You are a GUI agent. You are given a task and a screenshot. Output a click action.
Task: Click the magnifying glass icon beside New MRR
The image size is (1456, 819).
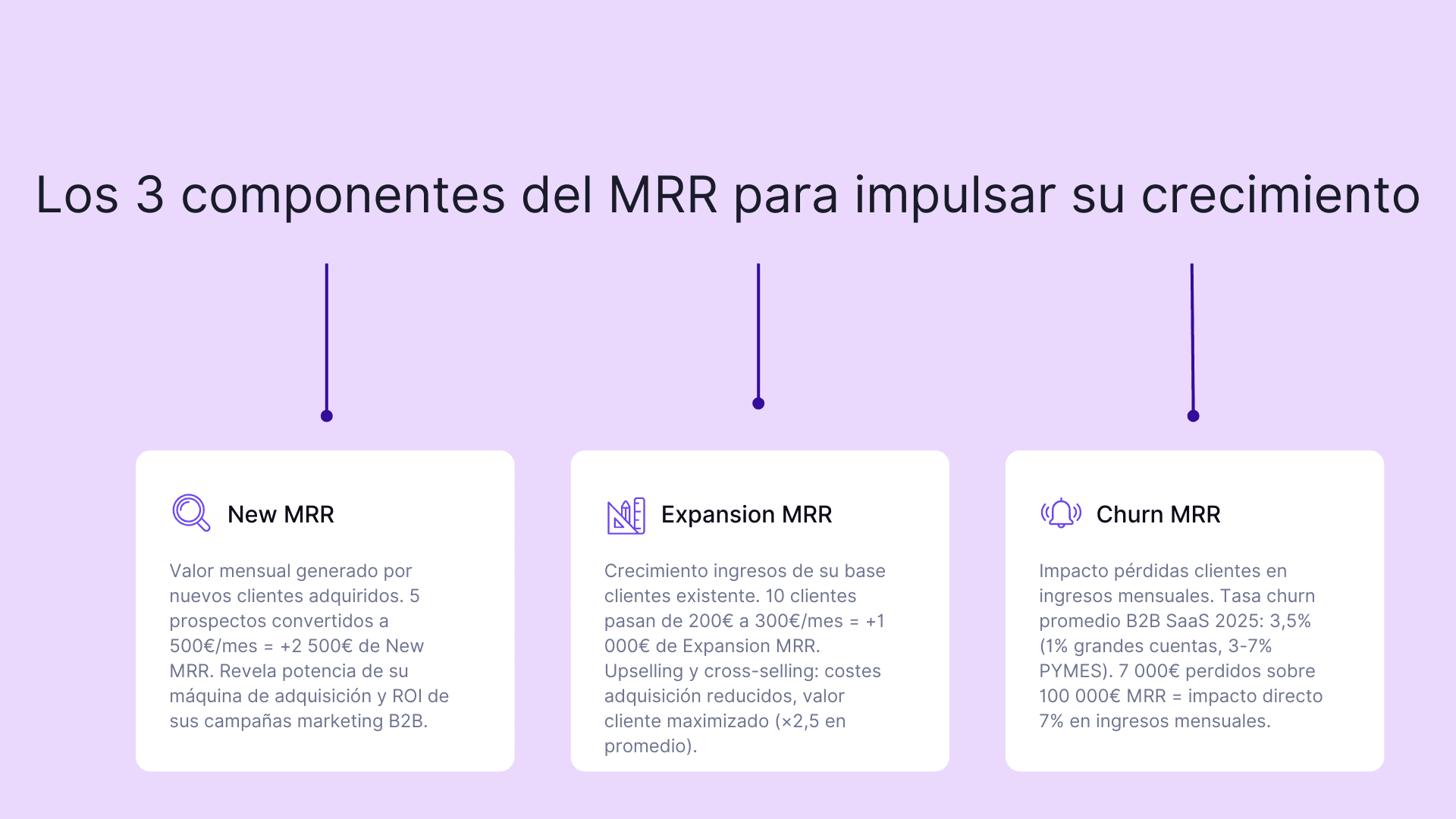click(190, 513)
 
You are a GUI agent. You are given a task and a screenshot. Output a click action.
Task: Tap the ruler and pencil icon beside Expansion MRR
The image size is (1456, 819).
click(626, 516)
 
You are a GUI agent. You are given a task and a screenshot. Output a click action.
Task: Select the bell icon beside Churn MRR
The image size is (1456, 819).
click(1061, 513)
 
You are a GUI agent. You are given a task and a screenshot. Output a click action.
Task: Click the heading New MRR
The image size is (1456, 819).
click(281, 514)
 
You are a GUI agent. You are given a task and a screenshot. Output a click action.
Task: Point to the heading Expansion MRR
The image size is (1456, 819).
click(746, 514)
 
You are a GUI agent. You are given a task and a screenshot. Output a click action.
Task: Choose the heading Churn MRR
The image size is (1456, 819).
click(1158, 514)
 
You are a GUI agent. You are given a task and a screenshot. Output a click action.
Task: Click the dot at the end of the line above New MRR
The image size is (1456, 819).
click(327, 416)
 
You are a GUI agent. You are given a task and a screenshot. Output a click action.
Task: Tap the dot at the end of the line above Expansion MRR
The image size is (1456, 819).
click(758, 403)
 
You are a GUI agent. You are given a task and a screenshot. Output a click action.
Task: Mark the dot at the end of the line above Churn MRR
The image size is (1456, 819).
click(1193, 416)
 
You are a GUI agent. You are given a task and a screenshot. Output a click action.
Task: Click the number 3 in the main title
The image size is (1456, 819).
click(150, 195)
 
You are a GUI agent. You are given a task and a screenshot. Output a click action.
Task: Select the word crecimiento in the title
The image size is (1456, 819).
click(1280, 195)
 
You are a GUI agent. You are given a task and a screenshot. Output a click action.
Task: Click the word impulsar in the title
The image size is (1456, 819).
click(955, 195)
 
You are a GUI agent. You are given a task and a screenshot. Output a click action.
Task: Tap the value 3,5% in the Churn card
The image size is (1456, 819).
click(1290, 621)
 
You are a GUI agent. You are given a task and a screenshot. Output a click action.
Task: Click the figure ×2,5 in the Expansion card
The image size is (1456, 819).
click(800, 721)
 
